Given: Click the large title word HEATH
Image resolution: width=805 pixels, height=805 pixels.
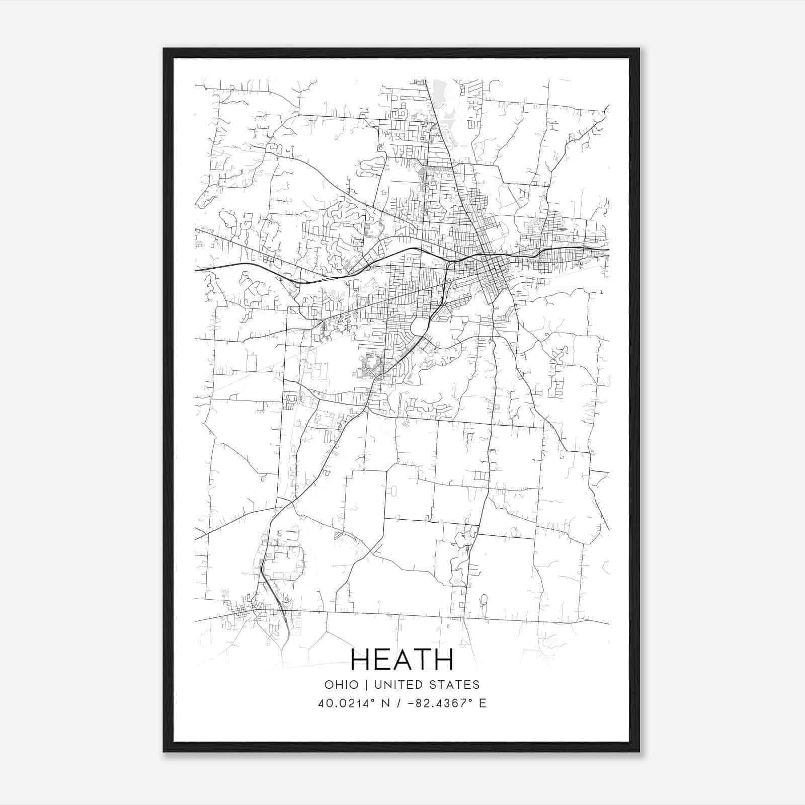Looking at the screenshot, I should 402,660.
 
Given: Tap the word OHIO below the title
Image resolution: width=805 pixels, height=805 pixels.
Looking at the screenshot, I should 342,685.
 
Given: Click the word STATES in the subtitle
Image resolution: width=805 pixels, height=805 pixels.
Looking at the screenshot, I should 455,685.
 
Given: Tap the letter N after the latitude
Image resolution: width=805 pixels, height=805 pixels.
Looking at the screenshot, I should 387,703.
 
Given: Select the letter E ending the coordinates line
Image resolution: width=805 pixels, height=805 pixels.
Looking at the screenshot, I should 482,703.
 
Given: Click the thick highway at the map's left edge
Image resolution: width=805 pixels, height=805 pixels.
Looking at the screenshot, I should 201,269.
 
